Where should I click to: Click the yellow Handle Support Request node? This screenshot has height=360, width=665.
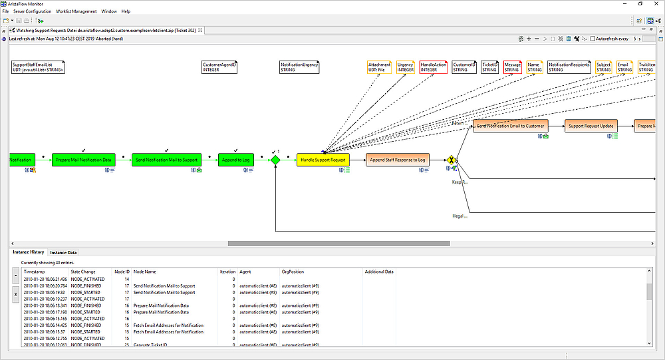(x=323, y=160)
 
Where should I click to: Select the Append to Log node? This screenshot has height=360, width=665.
(x=236, y=160)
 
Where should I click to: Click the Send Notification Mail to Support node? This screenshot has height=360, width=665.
(x=166, y=160)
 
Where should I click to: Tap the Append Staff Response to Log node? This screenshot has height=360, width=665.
(x=398, y=160)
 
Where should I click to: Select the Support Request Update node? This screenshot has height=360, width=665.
(x=591, y=126)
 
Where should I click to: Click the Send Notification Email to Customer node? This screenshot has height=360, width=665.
(x=511, y=126)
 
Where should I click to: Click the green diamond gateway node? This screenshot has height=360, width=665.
(x=275, y=160)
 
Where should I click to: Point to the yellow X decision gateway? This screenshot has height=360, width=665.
(x=452, y=160)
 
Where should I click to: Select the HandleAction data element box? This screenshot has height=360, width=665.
(x=434, y=67)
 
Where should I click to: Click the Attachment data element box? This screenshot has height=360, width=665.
(x=379, y=67)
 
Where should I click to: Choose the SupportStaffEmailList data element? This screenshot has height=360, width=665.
(x=38, y=67)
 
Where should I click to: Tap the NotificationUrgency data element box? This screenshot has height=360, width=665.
(x=299, y=67)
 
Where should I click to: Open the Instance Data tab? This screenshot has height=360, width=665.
(x=63, y=253)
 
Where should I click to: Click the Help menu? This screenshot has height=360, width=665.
(x=126, y=11)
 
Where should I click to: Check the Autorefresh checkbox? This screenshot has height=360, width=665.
(x=594, y=39)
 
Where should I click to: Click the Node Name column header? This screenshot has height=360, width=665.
(x=145, y=271)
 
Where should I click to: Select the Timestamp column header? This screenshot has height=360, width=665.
(x=35, y=271)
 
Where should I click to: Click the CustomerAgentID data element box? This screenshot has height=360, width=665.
(x=219, y=67)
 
